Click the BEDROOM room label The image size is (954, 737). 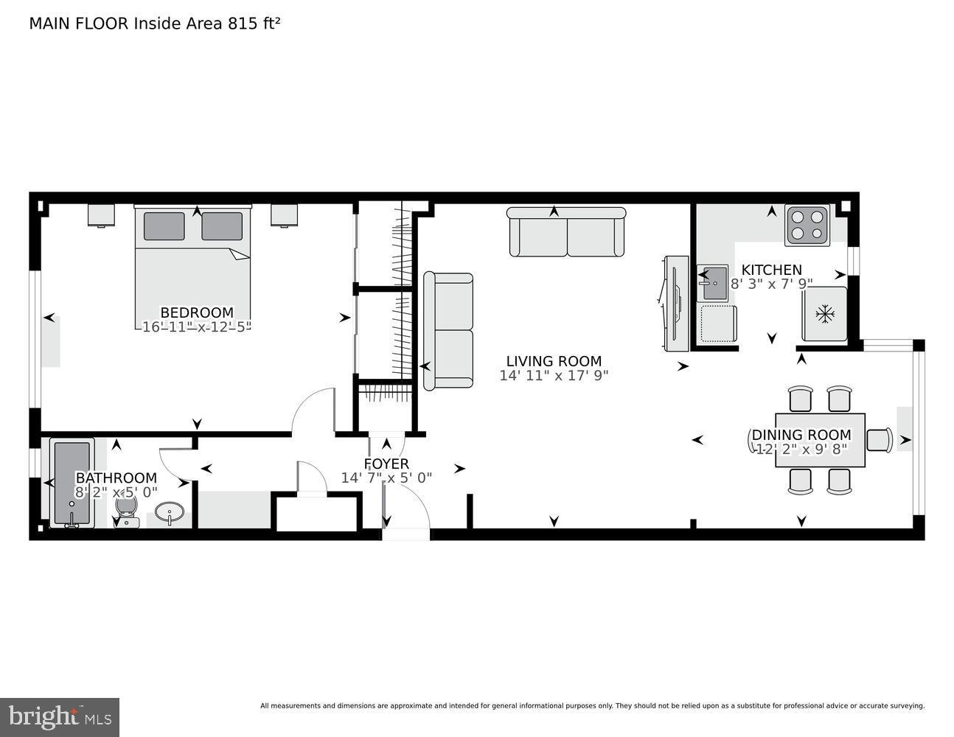click(197, 312)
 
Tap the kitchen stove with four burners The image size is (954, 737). click(807, 226)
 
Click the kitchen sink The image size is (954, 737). click(712, 284)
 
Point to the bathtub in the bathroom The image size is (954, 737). click(72, 483)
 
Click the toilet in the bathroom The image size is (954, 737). click(127, 509)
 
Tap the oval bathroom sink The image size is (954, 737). click(171, 512)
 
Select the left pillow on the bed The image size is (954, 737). click(164, 226)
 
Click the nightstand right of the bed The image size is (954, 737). click(284, 214)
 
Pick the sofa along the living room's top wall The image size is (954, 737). click(566, 231)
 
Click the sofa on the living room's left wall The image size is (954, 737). click(448, 330)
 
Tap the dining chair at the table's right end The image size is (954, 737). click(880, 440)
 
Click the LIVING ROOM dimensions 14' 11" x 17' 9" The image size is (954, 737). click(554, 376)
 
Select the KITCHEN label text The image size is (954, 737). click(771, 270)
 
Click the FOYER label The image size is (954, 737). click(386, 464)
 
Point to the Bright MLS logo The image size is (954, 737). click(60, 716)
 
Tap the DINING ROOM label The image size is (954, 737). click(801, 435)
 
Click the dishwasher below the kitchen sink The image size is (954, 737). click(718, 324)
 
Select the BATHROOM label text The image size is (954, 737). click(116, 478)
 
